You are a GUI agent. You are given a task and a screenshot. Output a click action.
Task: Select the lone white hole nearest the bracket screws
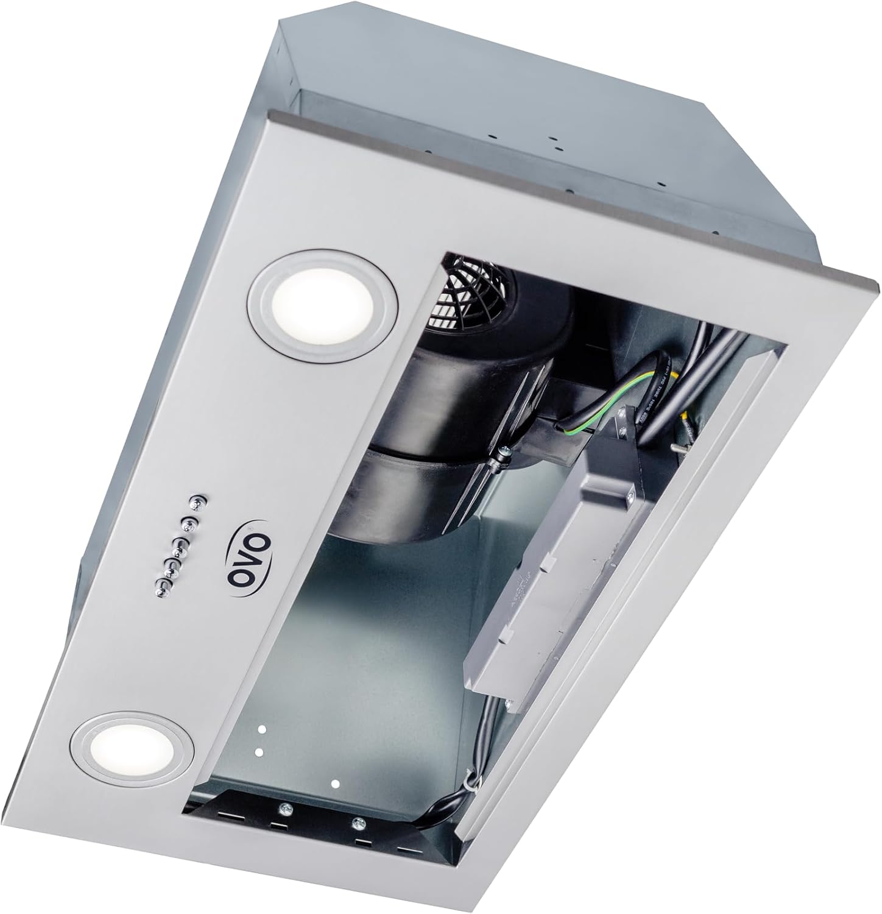coord(334,782)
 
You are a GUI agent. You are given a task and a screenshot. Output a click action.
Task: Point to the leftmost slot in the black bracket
coord(229,815)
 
